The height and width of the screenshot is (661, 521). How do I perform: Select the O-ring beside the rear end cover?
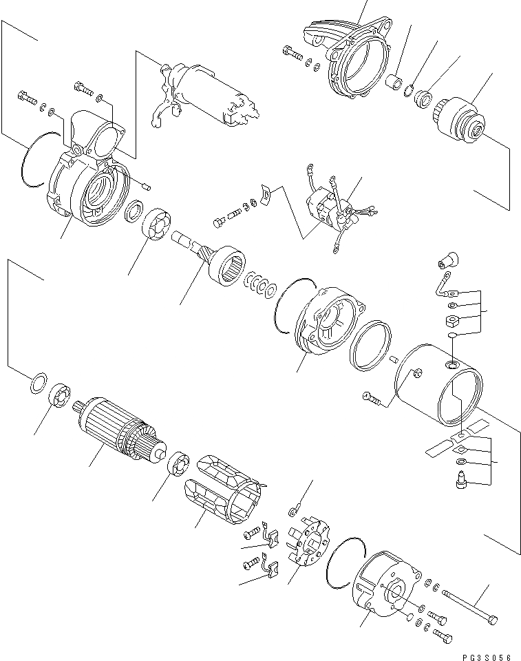pyautogui.click(x=342, y=561)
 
